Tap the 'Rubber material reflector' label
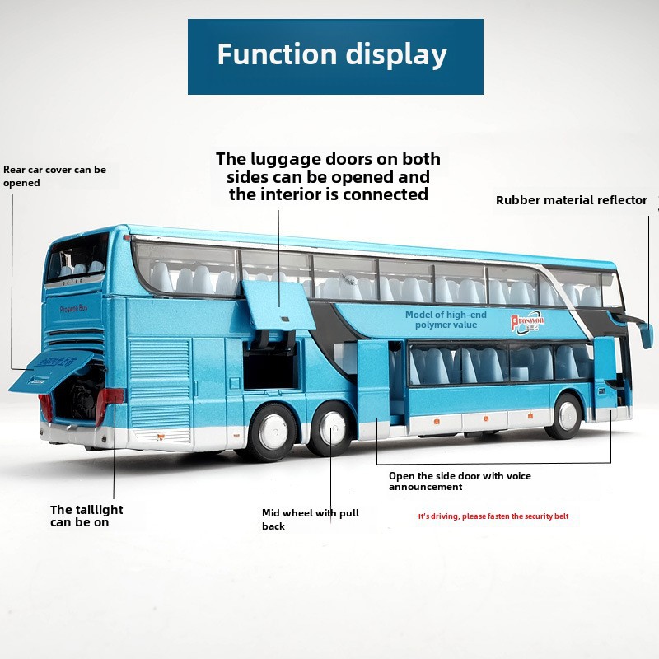coord(571,200)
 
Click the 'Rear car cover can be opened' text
coord(54,176)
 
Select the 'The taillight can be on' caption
coord(86,516)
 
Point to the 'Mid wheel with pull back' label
coord(311,519)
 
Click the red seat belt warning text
coord(493,516)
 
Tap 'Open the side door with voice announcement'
coord(460,481)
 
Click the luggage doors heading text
coord(328,176)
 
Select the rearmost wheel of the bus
coord(269,432)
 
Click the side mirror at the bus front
coord(646,335)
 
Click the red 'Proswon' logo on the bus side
coord(526,320)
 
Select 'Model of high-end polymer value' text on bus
coord(446,320)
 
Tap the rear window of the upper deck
coord(77,257)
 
